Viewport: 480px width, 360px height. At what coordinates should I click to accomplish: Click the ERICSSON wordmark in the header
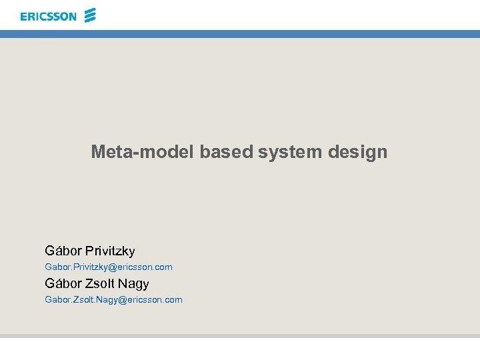coord(48,16)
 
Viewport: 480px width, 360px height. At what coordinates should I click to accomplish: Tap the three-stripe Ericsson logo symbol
coord(91,15)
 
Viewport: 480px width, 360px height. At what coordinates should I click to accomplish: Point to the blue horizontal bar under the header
coord(240,33)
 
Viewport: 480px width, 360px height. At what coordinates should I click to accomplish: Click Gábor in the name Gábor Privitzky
coord(63,251)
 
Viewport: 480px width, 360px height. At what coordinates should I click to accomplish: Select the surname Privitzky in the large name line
coord(110,251)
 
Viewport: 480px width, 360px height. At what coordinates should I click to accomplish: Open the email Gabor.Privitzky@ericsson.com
coord(108,267)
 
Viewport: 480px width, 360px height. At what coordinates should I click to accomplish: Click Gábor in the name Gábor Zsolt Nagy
coord(63,284)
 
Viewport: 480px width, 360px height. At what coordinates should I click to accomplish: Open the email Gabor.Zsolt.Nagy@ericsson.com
coord(113,300)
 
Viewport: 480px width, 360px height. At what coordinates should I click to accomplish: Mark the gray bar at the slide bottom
coord(240,336)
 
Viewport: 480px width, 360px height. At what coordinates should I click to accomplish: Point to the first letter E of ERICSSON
coord(24,16)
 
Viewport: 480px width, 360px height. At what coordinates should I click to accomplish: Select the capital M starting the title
coord(98,152)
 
